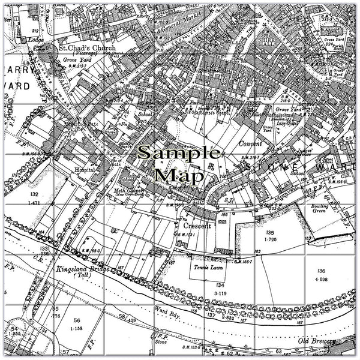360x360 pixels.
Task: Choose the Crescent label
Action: [x=198, y=226]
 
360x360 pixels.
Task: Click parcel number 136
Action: [x=323, y=271]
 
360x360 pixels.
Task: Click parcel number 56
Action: [x=77, y=320]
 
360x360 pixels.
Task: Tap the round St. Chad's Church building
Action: [x=49, y=53]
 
